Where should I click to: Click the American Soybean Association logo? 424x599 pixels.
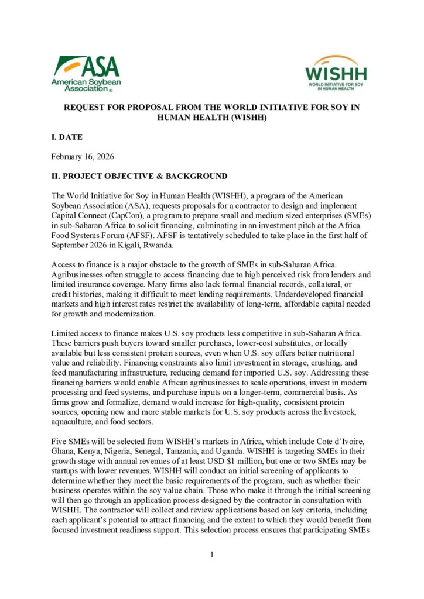click(x=86, y=74)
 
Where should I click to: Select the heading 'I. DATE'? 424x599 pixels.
click(x=67, y=137)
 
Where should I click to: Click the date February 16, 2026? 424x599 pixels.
click(x=83, y=157)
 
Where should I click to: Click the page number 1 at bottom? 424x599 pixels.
click(x=211, y=555)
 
